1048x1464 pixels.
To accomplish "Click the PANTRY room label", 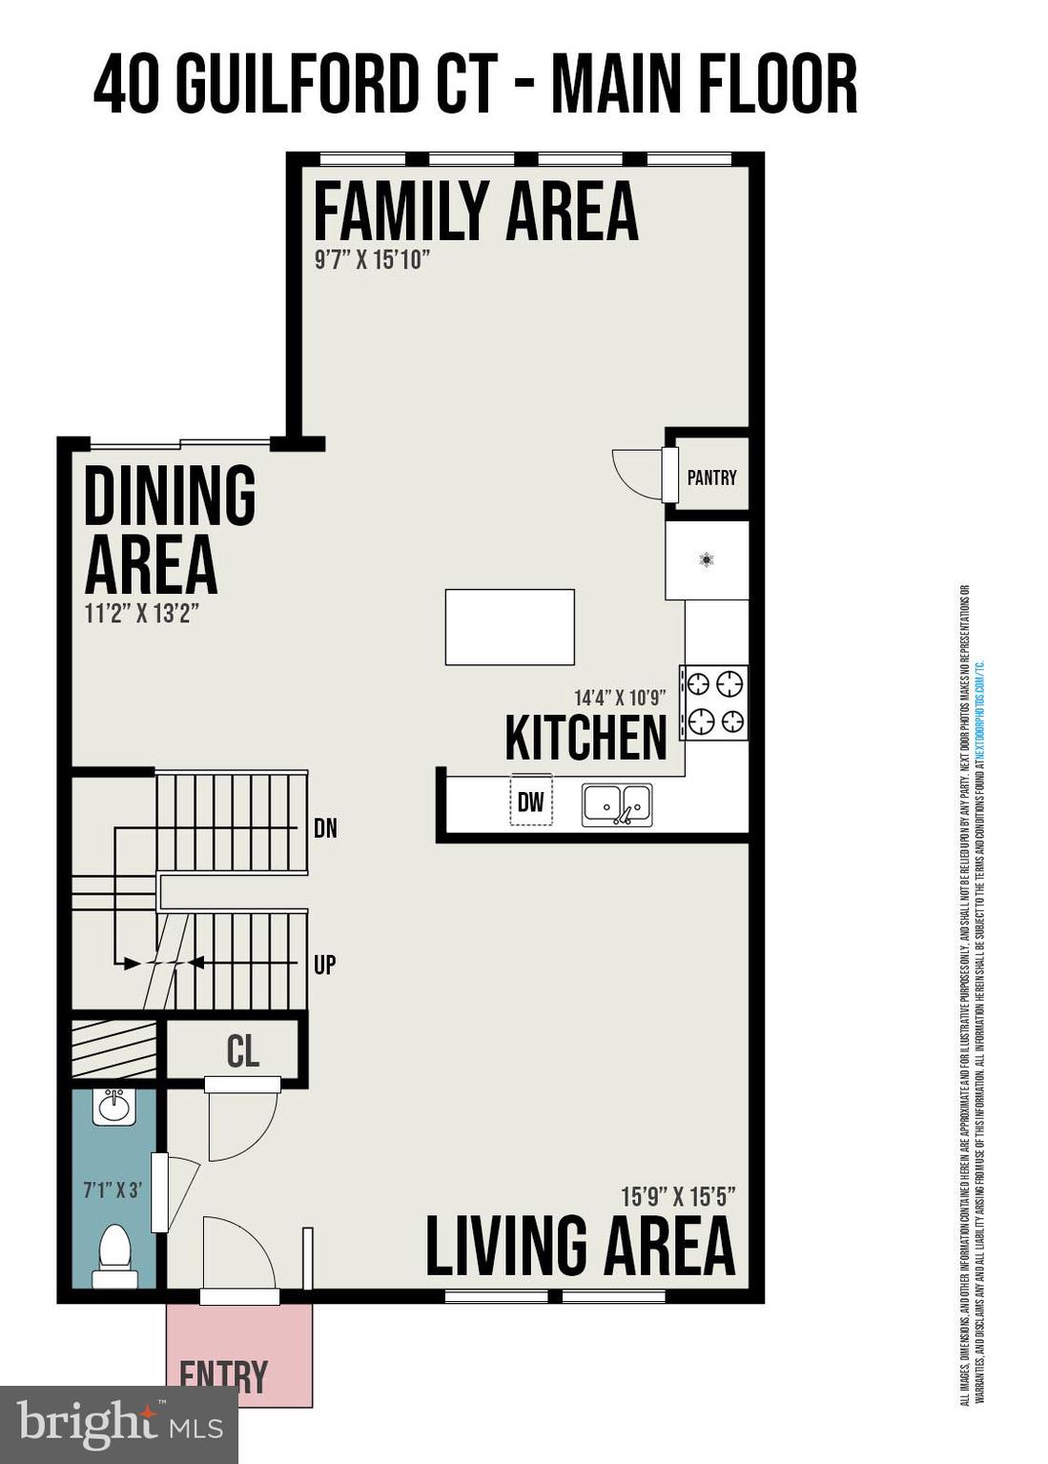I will (x=711, y=478).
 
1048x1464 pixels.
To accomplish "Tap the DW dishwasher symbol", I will (x=530, y=802).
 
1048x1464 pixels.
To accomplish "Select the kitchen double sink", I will (x=617, y=805).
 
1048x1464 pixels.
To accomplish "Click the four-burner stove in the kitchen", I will (x=714, y=702).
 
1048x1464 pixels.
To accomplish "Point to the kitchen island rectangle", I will (x=509, y=626).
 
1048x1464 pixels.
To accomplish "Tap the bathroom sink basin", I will (x=113, y=1108).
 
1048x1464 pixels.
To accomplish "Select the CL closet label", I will (x=242, y=1051).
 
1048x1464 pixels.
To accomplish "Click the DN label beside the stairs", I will (x=325, y=828).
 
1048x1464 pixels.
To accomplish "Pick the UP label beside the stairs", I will (x=324, y=965).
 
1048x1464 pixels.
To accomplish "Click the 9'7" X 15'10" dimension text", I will (x=372, y=259).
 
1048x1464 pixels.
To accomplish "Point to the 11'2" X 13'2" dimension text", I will (x=141, y=613).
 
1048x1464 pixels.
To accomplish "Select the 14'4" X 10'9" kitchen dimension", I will (x=619, y=698).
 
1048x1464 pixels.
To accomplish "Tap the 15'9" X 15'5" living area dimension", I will (x=677, y=1196).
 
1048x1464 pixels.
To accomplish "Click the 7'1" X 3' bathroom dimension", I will (x=112, y=1189).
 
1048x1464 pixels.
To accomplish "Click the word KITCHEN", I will (x=586, y=738).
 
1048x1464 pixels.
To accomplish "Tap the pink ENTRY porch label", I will (x=224, y=1375).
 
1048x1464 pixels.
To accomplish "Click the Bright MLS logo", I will (x=119, y=1424).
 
